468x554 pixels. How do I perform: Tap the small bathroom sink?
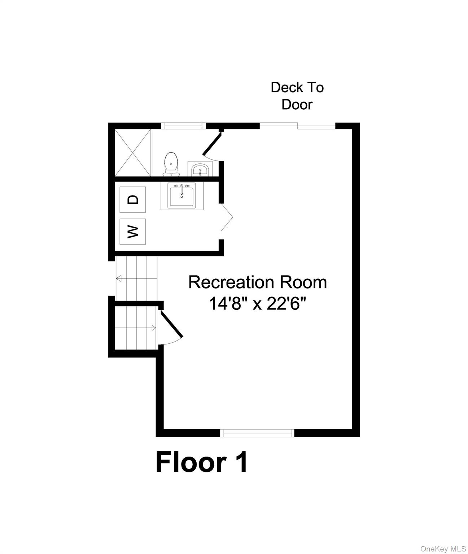(200, 169)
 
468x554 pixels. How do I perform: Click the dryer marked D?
(133, 199)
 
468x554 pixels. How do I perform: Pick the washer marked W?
(133, 232)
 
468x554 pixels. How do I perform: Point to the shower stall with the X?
(133, 153)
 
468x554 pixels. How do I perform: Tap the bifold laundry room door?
(227, 217)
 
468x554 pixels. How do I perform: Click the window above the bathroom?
(183, 126)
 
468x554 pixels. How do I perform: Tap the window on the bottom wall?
(258, 433)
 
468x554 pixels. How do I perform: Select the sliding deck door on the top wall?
(298, 126)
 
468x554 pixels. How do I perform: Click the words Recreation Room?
(258, 282)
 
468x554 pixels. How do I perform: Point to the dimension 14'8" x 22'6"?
(258, 304)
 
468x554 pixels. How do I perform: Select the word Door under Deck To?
(297, 105)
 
